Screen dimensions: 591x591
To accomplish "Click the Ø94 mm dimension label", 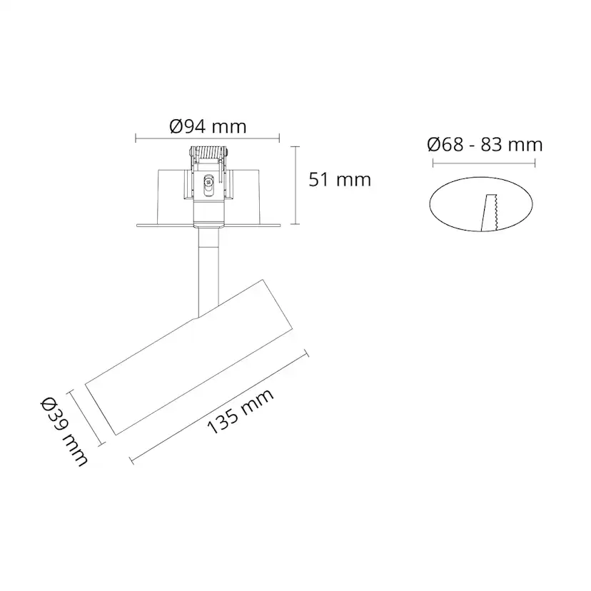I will click(x=208, y=127).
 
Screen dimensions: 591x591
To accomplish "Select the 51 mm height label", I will click(x=340, y=179).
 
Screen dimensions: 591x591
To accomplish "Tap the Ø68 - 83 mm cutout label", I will click(x=485, y=145).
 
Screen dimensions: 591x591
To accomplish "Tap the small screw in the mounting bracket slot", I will click(x=208, y=182).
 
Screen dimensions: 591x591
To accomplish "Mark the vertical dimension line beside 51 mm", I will click(x=297, y=184).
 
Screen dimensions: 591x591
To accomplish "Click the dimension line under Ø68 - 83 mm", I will click(x=484, y=162).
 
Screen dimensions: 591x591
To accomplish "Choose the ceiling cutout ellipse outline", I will click(x=434, y=207).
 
